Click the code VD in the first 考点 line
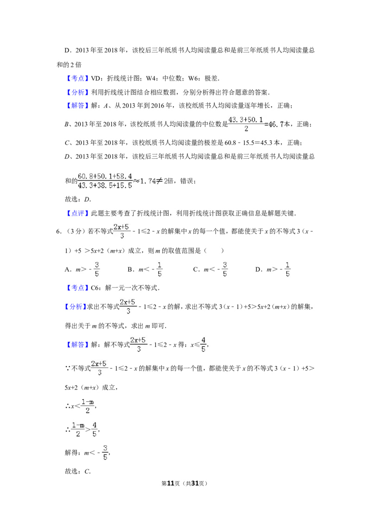tap(96, 78)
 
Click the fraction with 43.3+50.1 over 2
tap(246, 124)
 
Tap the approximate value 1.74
tap(147, 181)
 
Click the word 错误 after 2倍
tap(186, 181)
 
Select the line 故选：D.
tap(78, 199)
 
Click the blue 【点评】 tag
tap(77, 213)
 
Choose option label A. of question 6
tap(68, 269)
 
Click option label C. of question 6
tap(197, 269)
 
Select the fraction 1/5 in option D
tap(287, 269)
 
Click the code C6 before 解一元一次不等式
tap(95, 288)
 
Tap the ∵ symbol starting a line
tap(68, 368)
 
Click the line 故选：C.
tap(78, 471)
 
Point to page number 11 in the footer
tap(171, 483)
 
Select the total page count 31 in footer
tap(195, 483)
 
